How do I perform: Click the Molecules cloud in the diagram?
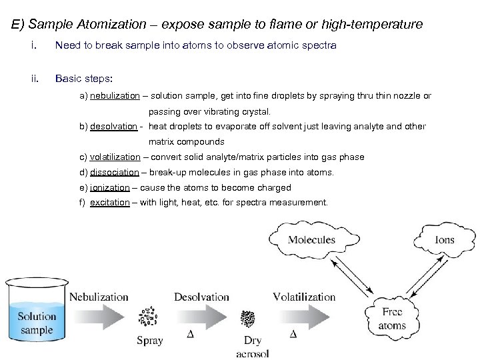click(x=311, y=239)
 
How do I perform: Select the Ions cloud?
click(x=444, y=240)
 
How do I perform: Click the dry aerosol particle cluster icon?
click(x=248, y=318)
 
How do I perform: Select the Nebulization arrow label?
click(x=99, y=297)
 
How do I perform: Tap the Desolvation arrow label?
click(x=201, y=297)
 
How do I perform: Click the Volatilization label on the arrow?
click(x=304, y=297)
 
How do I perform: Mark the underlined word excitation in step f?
click(x=110, y=203)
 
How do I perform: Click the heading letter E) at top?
click(x=19, y=25)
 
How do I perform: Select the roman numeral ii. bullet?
click(x=35, y=78)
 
